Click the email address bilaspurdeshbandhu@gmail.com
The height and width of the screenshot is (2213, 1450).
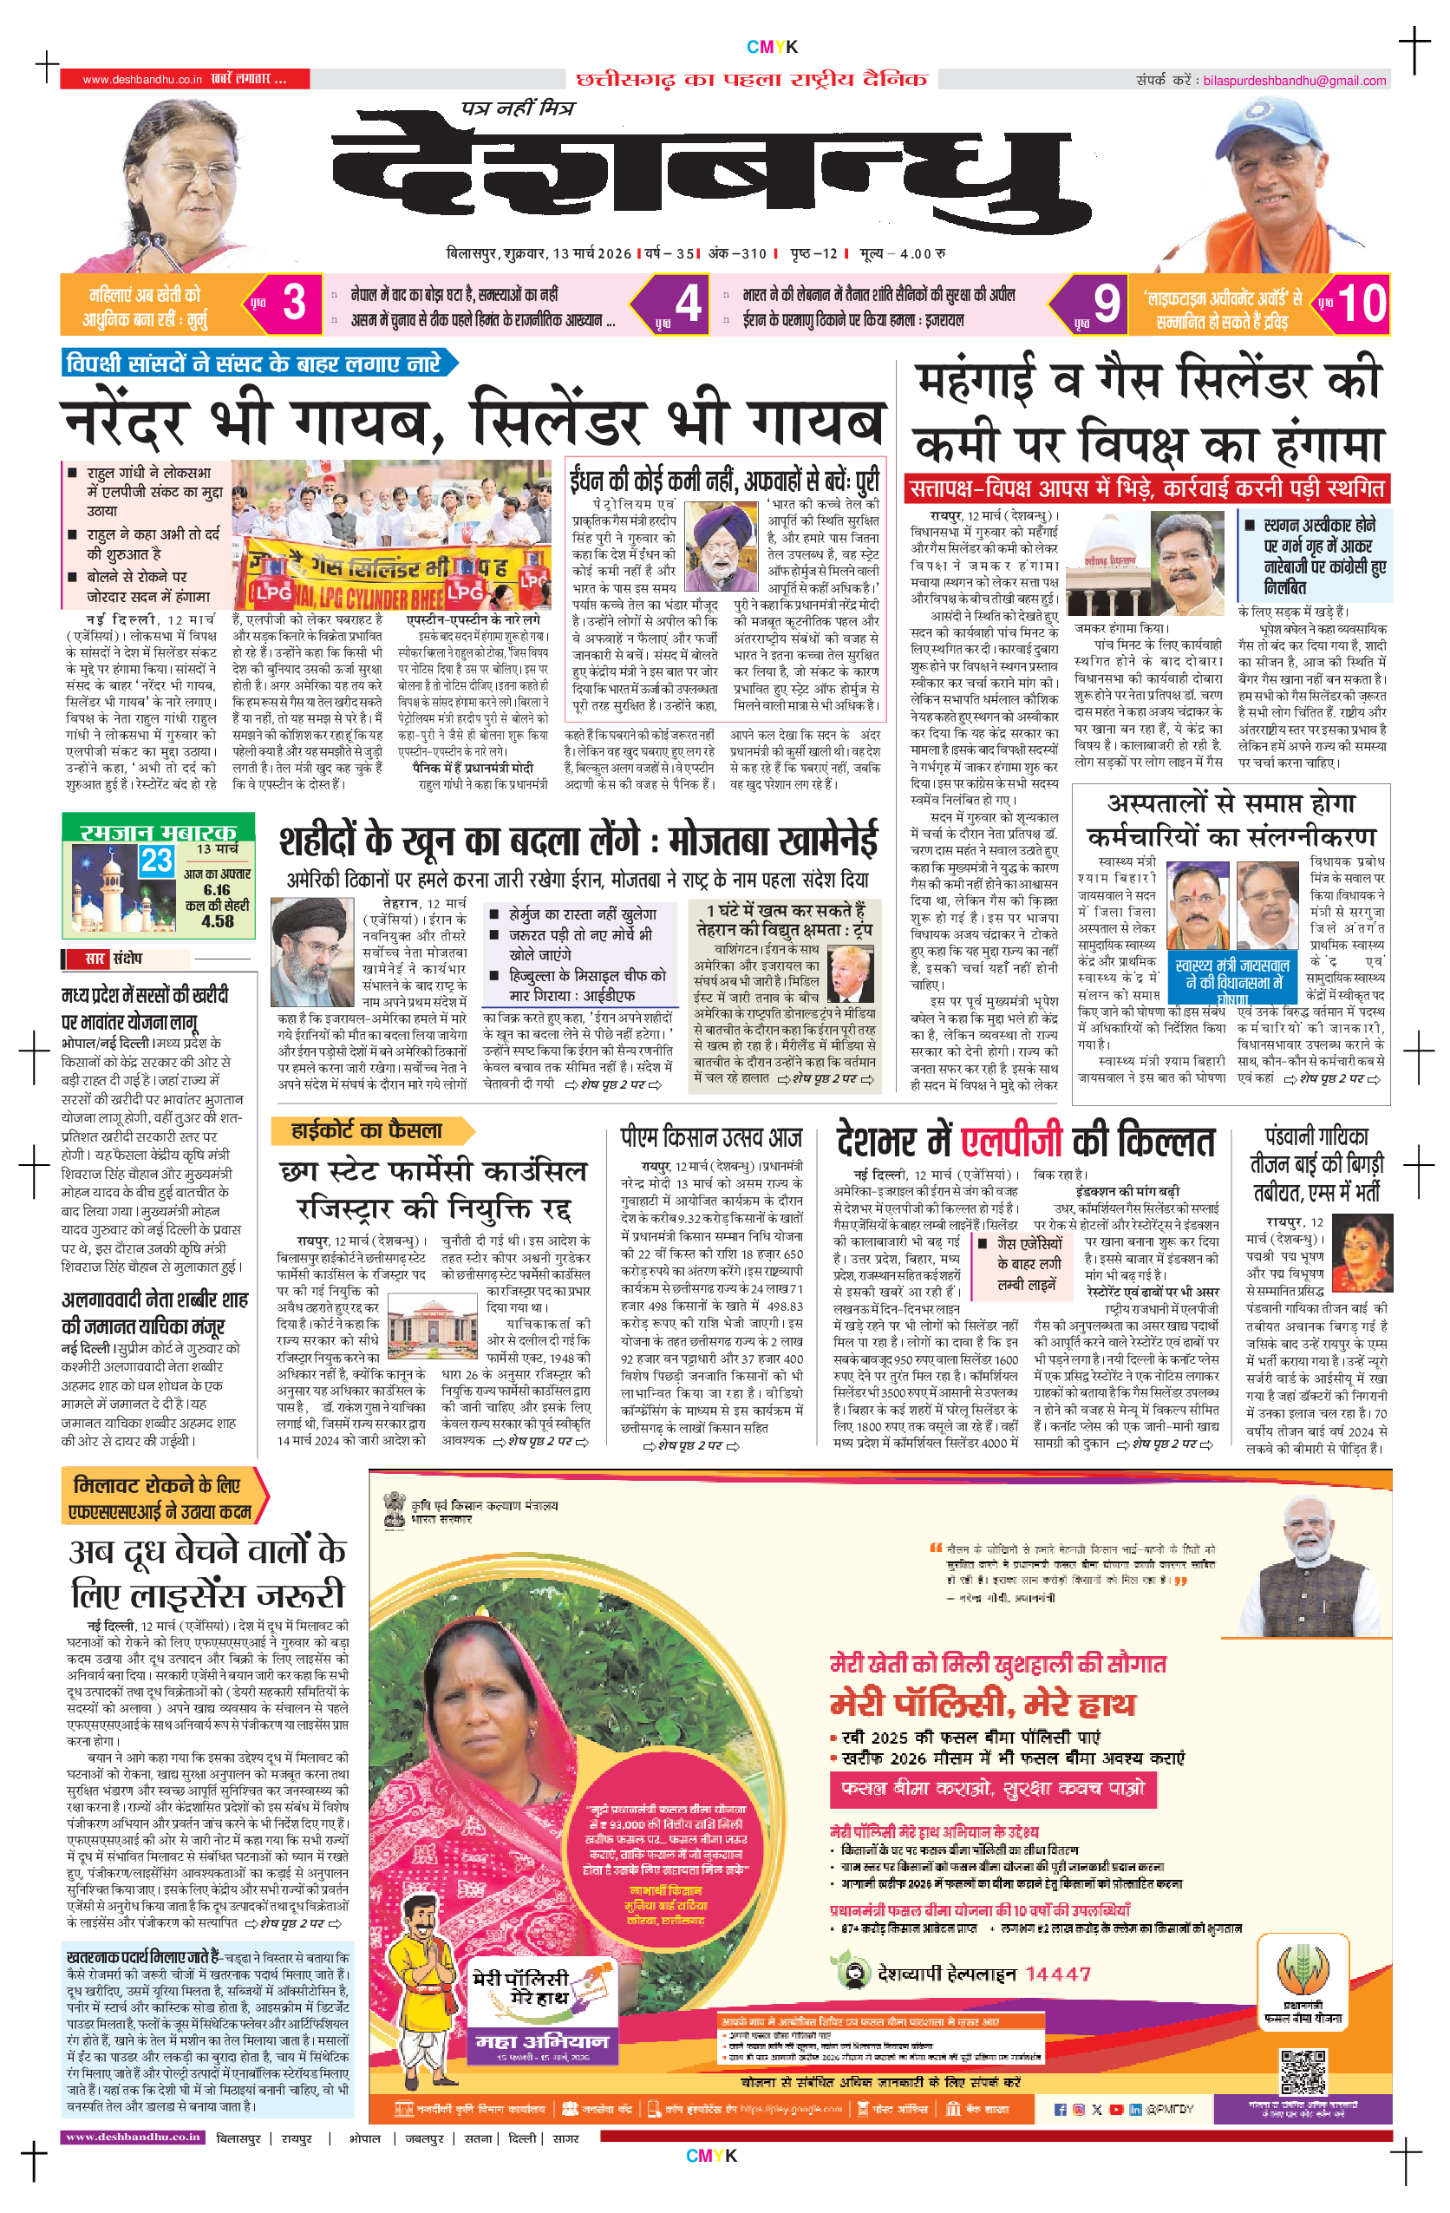click(x=1294, y=81)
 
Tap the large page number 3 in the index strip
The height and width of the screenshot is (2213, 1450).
click(x=295, y=303)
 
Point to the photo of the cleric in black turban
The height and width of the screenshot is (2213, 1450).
click(x=310, y=953)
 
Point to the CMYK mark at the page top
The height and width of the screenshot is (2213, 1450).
click(x=772, y=47)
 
